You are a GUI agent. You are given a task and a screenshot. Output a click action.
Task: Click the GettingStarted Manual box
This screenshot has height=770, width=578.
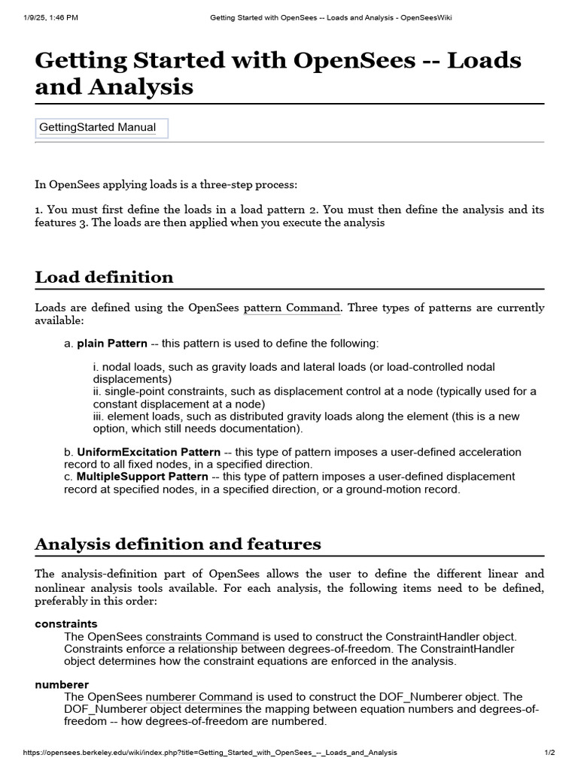[102, 128]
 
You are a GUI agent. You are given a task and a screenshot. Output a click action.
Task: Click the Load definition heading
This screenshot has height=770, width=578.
[104, 277]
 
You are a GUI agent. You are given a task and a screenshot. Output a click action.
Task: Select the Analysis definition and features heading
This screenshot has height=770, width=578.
[178, 544]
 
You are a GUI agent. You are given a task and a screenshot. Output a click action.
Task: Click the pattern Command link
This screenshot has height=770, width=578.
[292, 308]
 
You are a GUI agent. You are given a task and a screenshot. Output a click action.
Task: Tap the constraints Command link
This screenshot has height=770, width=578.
[202, 637]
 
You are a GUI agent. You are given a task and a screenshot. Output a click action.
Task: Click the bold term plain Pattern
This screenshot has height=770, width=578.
[112, 344]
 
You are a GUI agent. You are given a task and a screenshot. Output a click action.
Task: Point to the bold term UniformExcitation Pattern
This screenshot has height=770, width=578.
[148, 452]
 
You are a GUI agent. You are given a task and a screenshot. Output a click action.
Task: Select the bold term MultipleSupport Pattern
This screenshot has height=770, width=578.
[142, 476]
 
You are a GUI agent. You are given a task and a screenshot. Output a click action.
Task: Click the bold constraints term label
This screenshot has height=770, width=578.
[66, 624]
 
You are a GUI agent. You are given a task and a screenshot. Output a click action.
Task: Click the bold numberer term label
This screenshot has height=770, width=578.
[62, 684]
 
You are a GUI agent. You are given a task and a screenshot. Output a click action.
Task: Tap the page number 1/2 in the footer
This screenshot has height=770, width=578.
[549, 753]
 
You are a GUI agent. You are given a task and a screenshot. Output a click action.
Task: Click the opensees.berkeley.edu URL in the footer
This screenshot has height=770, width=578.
[211, 753]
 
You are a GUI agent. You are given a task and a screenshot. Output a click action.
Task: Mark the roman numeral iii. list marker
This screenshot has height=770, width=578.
[97, 416]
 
